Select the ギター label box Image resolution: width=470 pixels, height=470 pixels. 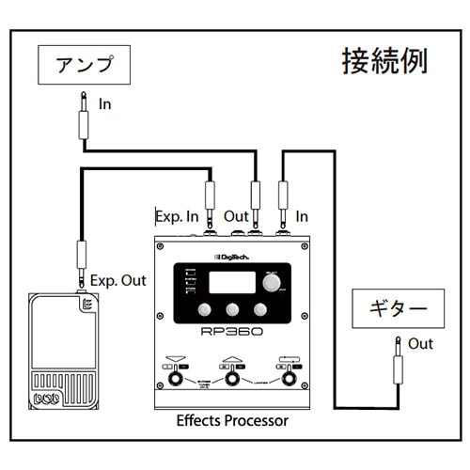point(396,308)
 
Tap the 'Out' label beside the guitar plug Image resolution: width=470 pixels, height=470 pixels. point(421,344)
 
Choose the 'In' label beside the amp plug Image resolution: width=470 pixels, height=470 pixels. point(104,104)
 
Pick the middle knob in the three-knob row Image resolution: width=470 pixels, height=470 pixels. point(232,312)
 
